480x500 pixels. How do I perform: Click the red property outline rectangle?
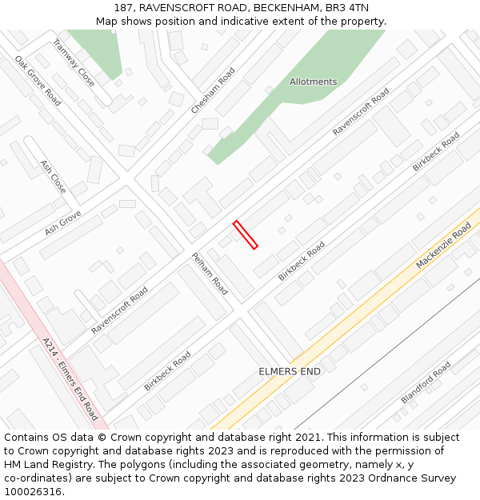click(x=246, y=234)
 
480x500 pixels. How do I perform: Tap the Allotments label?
click(x=313, y=82)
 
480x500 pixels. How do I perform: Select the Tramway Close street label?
click(x=74, y=63)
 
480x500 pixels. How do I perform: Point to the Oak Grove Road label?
click(x=38, y=81)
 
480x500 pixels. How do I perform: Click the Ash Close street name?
click(x=53, y=176)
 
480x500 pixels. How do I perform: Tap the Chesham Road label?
click(x=213, y=90)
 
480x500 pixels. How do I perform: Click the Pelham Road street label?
click(x=210, y=274)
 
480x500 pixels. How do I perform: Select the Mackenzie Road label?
click(x=443, y=246)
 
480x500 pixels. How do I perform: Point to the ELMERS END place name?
click(x=290, y=372)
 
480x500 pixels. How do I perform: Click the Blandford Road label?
click(x=426, y=383)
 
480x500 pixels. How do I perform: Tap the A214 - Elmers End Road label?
click(x=70, y=378)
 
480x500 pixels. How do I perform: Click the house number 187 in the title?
click(x=123, y=8)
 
